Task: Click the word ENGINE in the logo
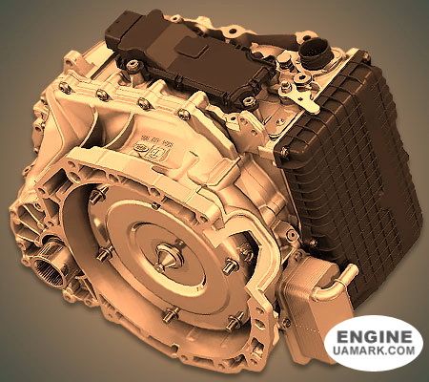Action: [373, 337]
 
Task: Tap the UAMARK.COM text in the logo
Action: [373, 355]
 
